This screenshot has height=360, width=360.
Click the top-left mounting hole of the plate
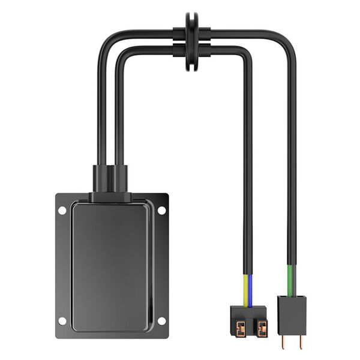click(x=62, y=210)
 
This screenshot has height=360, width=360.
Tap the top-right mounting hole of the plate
click(x=161, y=210)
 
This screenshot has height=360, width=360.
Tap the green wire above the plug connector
click(x=291, y=279)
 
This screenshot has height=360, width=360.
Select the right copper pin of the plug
click(x=299, y=340)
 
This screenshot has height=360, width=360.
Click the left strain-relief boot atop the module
click(x=100, y=178)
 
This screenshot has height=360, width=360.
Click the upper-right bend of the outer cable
click(x=289, y=38)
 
